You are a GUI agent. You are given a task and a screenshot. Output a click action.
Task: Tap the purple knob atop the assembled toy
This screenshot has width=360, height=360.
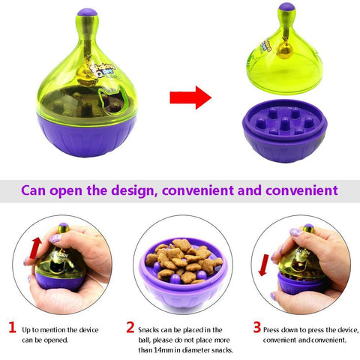(88, 13)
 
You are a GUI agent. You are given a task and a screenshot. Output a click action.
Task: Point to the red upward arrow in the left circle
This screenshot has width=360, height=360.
(34, 247)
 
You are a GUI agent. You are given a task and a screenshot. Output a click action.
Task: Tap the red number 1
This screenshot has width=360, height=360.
(11, 327)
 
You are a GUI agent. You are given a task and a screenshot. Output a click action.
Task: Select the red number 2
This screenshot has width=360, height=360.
(130, 327)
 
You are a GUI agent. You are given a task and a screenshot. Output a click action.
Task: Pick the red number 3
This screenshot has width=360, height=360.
(256, 327)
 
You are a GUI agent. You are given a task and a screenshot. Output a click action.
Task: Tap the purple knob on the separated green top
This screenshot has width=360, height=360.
(286, 9)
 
